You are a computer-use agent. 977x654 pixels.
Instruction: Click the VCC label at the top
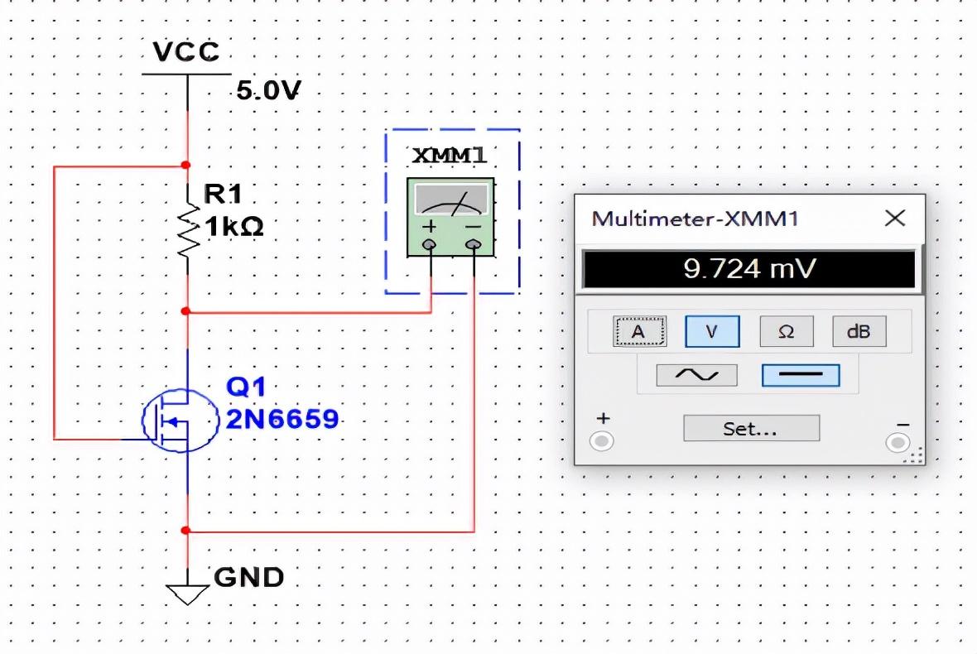click(x=187, y=52)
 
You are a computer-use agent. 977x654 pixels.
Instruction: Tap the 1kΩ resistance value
click(x=233, y=228)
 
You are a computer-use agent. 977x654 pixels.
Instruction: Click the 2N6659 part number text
click(x=282, y=420)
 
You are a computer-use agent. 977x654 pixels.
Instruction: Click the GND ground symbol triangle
click(x=188, y=593)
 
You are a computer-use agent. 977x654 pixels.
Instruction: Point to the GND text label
click(x=249, y=577)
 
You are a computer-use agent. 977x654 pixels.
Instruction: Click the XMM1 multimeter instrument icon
click(x=450, y=215)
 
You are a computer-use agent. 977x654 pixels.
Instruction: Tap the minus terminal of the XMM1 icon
click(x=473, y=245)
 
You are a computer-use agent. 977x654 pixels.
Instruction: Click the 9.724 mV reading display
click(x=749, y=270)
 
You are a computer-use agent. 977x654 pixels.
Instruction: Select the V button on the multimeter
click(x=710, y=331)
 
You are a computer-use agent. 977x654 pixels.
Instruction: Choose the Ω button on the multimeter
click(x=786, y=331)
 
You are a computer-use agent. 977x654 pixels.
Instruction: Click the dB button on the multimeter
click(x=859, y=331)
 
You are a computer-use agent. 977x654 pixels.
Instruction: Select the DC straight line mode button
click(x=800, y=375)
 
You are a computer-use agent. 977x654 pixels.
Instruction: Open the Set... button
click(x=751, y=429)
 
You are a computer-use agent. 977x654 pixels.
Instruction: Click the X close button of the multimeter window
click(x=895, y=219)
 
